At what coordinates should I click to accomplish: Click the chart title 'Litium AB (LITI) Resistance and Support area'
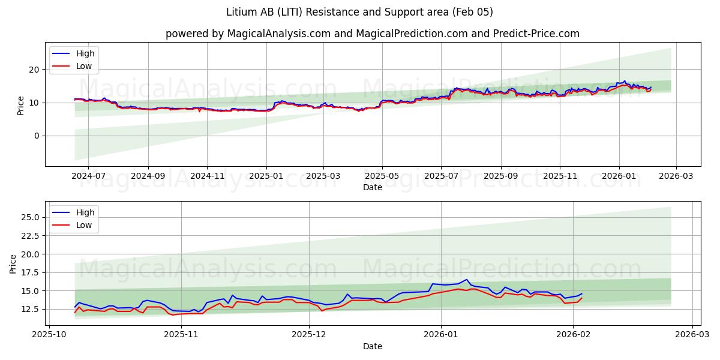click(x=359, y=12)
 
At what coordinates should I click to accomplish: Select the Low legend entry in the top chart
click(x=84, y=66)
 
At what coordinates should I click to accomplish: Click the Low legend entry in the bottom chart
click(x=84, y=225)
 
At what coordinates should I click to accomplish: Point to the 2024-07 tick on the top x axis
click(x=88, y=176)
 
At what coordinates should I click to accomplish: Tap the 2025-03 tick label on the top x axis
click(x=323, y=176)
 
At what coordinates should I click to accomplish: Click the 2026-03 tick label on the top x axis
click(x=676, y=176)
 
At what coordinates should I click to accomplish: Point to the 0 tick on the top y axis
click(x=37, y=136)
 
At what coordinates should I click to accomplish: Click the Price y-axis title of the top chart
click(x=21, y=105)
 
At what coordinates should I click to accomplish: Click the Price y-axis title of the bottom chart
click(x=13, y=263)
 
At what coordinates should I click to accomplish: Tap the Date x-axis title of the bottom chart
click(x=372, y=346)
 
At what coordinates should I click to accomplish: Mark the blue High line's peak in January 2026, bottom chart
click(x=467, y=279)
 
